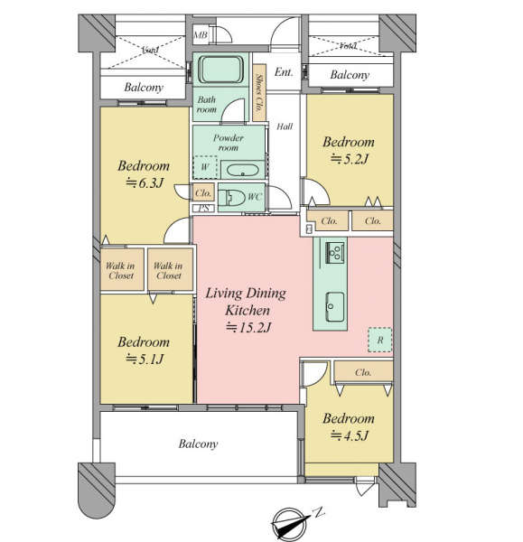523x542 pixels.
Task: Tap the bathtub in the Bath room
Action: [221, 70]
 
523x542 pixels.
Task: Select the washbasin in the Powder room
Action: [242, 171]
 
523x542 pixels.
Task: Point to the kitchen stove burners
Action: [335, 253]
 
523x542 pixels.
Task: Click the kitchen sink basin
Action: [334, 307]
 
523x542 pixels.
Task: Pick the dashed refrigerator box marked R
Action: [379, 340]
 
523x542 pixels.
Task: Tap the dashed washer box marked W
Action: [205, 167]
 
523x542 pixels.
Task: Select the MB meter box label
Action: [201, 35]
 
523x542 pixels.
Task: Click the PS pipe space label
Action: [203, 209]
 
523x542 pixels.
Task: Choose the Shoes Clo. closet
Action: [259, 92]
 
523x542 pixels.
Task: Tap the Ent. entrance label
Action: [284, 72]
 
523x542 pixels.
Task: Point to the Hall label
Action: [285, 126]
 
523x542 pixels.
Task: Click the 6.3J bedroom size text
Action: [145, 182]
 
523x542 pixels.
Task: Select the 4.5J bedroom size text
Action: [350, 435]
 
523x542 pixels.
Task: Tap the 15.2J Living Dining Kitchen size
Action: [247, 327]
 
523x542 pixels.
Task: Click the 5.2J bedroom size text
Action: [350, 159]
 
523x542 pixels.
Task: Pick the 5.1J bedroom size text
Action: [145, 360]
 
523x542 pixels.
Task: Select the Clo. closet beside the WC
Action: [203, 193]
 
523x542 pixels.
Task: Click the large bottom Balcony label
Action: [198, 444]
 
